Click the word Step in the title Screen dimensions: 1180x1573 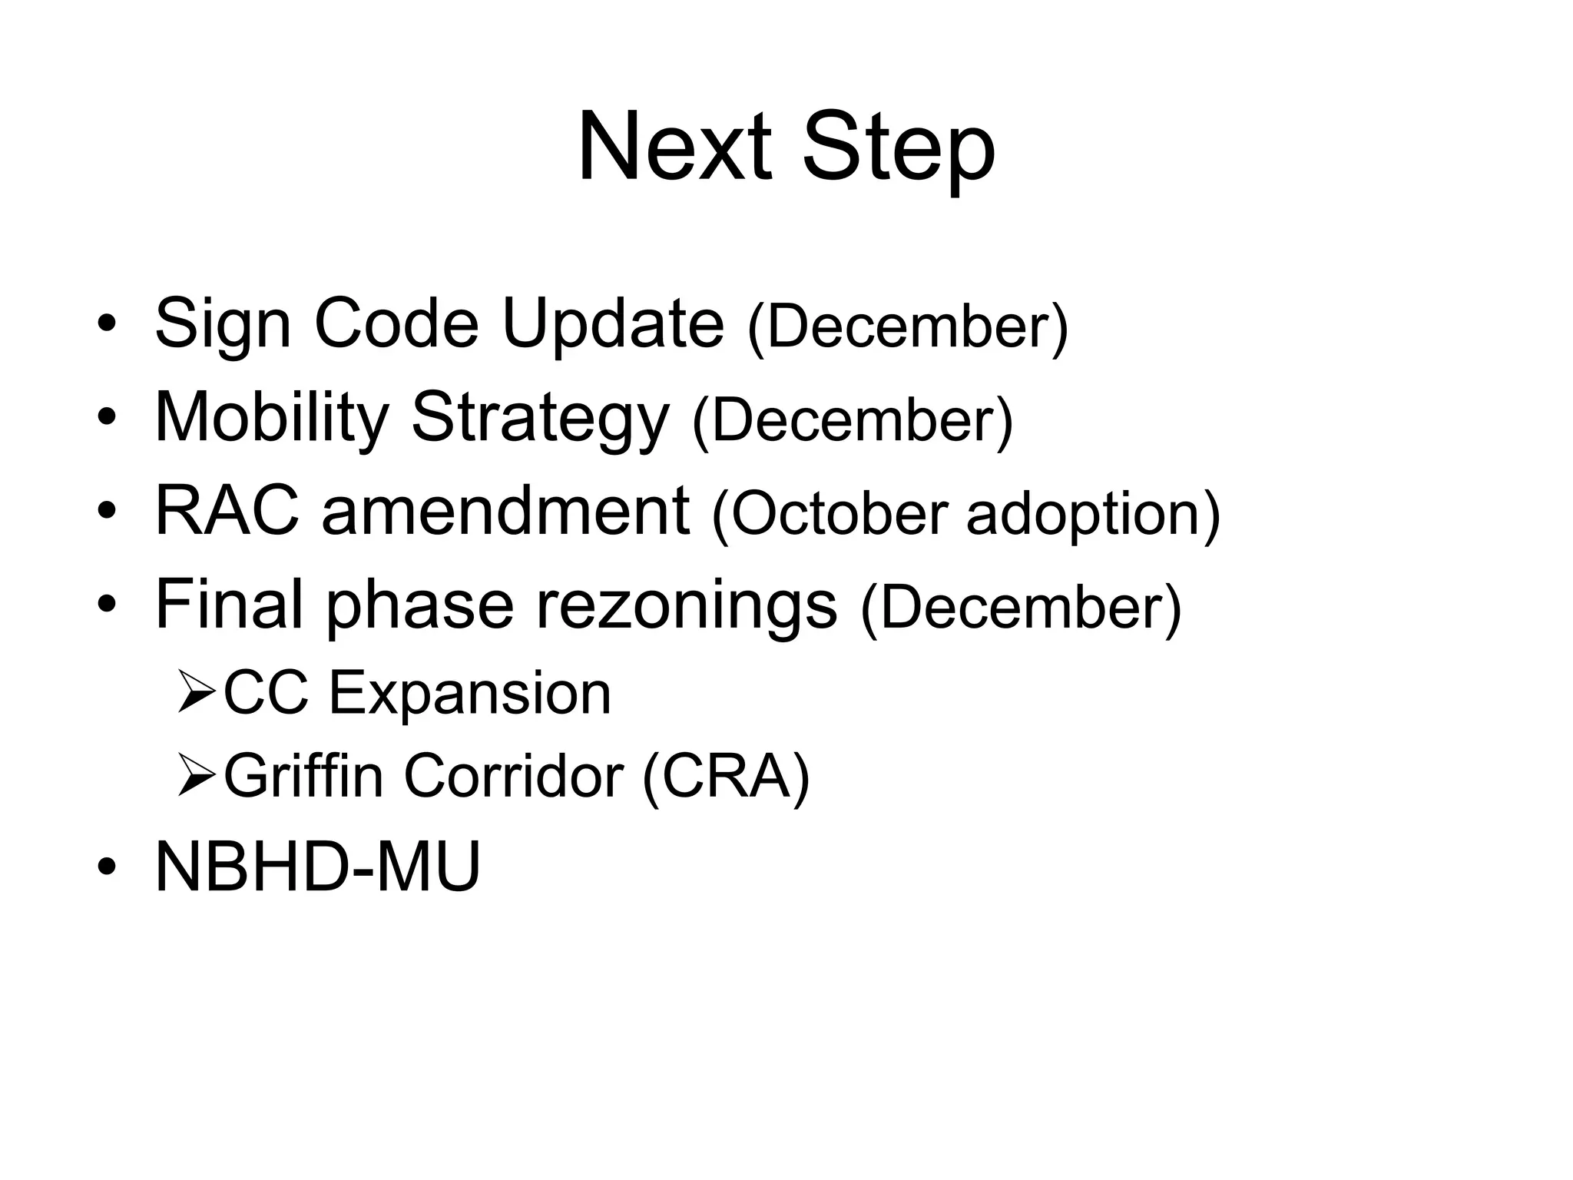tap(899, 150)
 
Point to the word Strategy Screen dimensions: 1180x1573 tap(540, 421)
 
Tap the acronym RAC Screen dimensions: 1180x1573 tap(227, 511)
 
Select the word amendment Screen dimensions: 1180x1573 tap(505, 511)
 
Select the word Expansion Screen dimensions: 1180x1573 tap(469, 694)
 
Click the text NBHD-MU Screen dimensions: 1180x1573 tap(317, 867)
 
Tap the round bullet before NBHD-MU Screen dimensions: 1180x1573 tap(106, 867)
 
